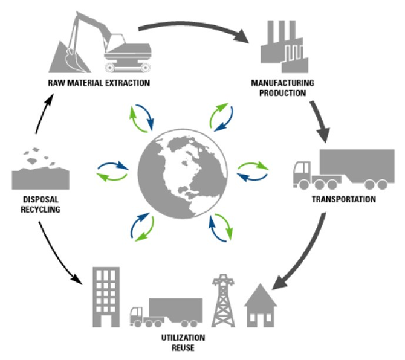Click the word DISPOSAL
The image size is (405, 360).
(35, 199)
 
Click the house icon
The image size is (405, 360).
(261, 305)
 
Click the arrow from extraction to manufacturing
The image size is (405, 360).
(193, 24)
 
